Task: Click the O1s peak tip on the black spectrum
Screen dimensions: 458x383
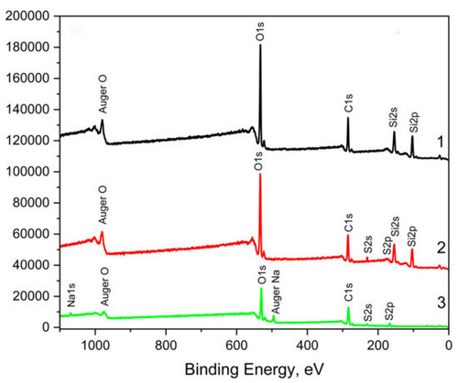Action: tap(260, 45)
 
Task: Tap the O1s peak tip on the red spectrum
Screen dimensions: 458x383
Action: tap(260, 174)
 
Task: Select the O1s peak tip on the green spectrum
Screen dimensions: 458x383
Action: tap(261, 288)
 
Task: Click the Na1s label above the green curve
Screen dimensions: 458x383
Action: tap(71, 295)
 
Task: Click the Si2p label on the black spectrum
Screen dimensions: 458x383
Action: tap(414, 122)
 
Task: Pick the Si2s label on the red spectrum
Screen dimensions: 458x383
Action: tap(396, 226)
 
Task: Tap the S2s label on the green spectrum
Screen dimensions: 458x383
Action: tap(368, 313)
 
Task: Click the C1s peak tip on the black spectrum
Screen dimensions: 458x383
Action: tap(348, 118)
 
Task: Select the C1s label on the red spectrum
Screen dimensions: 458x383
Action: tap(348, 222)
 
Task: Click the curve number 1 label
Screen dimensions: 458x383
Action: tap(441, 142)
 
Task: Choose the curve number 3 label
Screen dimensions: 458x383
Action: tap(442, 303)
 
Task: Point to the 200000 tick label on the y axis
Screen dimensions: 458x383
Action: tap(27, 16)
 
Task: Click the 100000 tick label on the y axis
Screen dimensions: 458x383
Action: tap(27, 172)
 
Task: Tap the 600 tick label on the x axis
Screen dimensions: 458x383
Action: tap(236, 346)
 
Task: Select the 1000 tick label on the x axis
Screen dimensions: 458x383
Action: tap(95, 346)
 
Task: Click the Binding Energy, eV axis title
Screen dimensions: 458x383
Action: tap(254, 369)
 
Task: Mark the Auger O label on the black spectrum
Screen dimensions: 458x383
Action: tap(103, 94)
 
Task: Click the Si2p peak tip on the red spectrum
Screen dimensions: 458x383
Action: tap(412, 250)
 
